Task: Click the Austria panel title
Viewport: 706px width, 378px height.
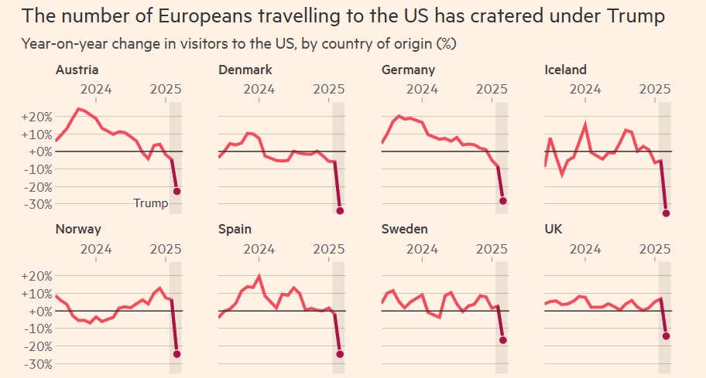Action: [x=77, y=70]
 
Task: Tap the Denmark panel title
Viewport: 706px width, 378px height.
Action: [x=245, y=70]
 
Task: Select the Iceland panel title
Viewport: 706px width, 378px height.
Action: [x=566, y=70]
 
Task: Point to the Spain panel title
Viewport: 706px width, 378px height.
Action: [x=235, y=230]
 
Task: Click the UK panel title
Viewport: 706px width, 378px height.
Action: [x=555, y=230]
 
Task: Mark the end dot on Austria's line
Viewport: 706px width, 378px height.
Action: [x=176, y=191]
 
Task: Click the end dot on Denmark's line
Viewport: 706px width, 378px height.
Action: [x=340, y=210]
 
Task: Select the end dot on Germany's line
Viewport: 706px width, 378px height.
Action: [x=503, y=201]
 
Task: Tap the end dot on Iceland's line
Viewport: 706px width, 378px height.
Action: [x=667, y=213]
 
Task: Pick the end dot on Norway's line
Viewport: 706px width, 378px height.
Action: [x=176, y=354]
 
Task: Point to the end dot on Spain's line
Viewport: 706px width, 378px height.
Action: [x=340, y=354]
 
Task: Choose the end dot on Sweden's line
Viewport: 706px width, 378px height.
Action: [x=503, y=340]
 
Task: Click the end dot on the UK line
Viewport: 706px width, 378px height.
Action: [x=667, y=336]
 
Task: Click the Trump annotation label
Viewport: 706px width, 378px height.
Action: [x=150, y=203]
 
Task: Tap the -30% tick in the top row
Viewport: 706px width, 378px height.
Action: [x=38, y=204]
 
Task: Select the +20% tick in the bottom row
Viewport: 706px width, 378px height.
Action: [x=38, y=276]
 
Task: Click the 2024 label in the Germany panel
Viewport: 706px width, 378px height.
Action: [x=423, y=89]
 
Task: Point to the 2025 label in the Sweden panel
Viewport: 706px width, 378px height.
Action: [x=492, y=248]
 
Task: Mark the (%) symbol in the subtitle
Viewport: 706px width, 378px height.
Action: [x=446, y=43]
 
